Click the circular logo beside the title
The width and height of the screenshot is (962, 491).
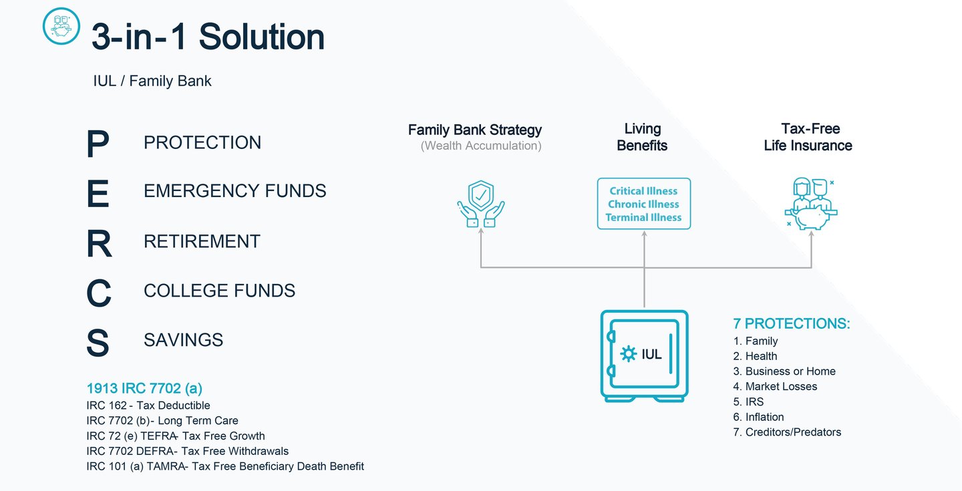pyautogui.click(x=61, y=26)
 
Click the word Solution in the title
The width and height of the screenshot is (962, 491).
pyautogui.click(x=262, y=37)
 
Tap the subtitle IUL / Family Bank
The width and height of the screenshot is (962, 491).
pyautogui.click(x=152, y=81)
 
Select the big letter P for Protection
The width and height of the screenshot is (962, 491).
pyautogui.click(x=98, y=144)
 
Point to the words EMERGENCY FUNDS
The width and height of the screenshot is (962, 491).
pyautogui.click(x=235, y=191)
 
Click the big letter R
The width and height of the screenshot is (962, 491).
pyautogui.click(x=99, y=243)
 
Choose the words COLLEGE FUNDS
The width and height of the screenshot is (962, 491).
pyautogui.click(x=219, y=291)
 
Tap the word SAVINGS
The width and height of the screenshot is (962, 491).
pyautogui.click(x=183, y=340)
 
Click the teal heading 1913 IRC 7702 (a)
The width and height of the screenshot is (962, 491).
pyautogui.click(x=144, y=388)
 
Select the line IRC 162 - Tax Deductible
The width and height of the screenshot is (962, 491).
pyautogui.click(x=148, y=405)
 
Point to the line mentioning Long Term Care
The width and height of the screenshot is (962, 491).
pyautogui.click(x=162, y=421)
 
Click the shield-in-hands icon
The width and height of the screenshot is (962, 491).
pyautogui.click(x=481, y=204)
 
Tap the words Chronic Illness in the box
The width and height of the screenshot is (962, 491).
pyautogui.click(x=643, y=204)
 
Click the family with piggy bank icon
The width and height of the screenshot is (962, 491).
pyautogui.click(x=811, y=204)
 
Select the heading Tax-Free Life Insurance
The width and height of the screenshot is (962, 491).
pyautogui.click(x=808, y=137)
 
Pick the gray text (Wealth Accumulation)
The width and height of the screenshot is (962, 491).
pyautogui.click(x=481, y=146)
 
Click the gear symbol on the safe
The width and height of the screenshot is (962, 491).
pyautogui.click(x=628, y=354)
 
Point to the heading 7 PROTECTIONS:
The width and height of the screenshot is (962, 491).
pyautogui.click(x=792, y=323)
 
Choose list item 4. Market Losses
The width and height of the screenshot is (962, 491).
pyautogui.click(x=775, y=386)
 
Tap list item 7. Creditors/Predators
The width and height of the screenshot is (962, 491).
pyautogui.click(x=787, y=432)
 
